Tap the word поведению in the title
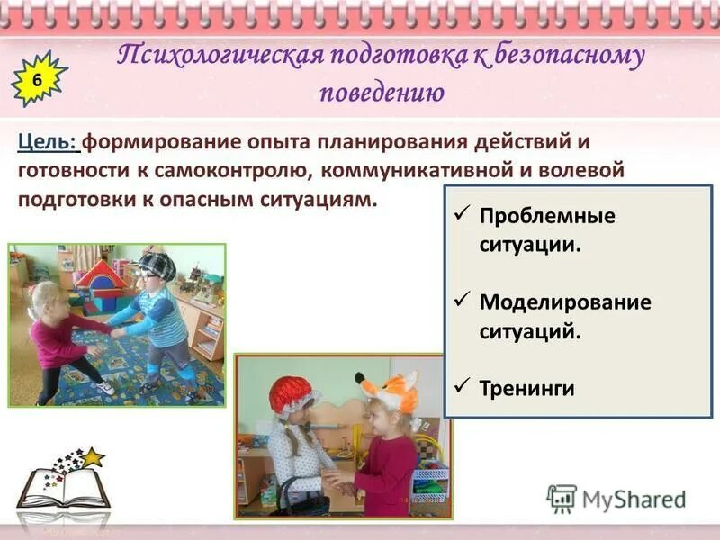pos(381,92)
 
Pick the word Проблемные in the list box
pos(546,217)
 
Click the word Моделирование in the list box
pos(564,301)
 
